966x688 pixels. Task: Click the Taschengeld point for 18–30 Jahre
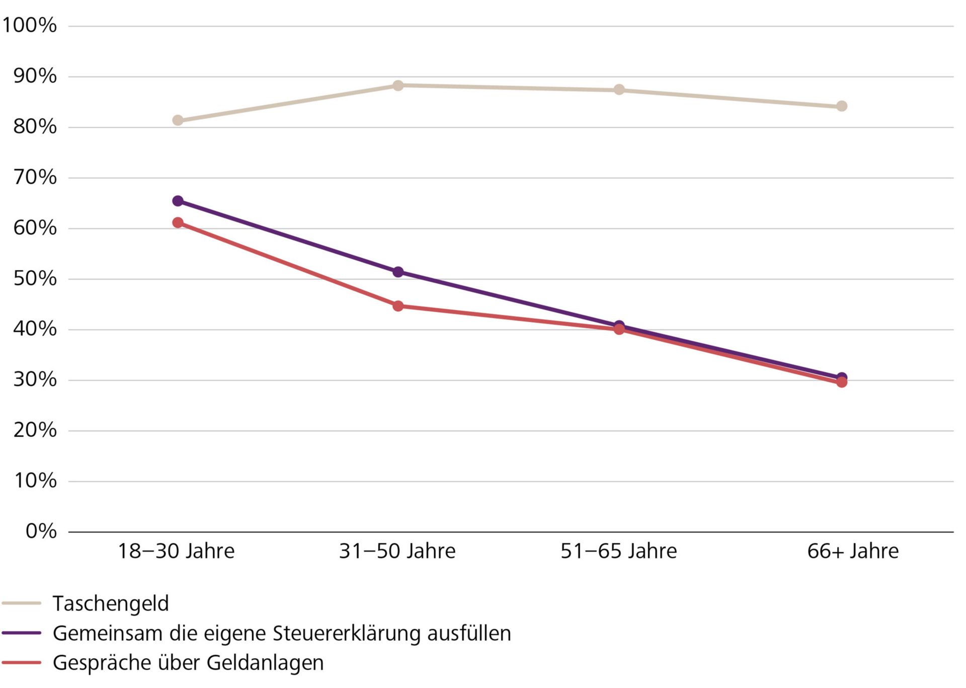pyautogui.click(x=178, y=120)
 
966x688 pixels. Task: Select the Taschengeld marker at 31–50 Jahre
pyautogui.click(x=398, y=86)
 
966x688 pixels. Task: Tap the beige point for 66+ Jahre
pyautogui.click(x=842, y=106)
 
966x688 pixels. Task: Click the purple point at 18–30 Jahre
pyautogui.click(x=178, y=201)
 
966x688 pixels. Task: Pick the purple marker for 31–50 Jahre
pyautogui.click(x=398, y=272)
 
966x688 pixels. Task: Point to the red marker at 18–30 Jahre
pyautogui.click(x=178, y=222)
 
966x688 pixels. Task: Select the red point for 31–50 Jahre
pyautogui.click(x=398, y=306)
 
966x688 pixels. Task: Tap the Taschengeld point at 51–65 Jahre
pyautogui.click(x=619, y=90)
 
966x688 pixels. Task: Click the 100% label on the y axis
pyautogui.click(x=30, y=25)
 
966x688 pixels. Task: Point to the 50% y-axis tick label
pyautogui.click(x=35, y=278)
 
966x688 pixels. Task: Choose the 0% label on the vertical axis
pyautogui.click(x=41, y=531)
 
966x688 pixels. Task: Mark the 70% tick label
pyautogui.click(x=35, y=177)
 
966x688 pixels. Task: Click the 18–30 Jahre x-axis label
pyautogui.click(x=176, y=551)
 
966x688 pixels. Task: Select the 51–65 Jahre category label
pyautogui.click(x=619, y=551)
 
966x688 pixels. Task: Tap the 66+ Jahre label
pyautogui.click(x=853, y=551)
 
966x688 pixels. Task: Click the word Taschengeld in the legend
pyautogui.click(x=111, y=603)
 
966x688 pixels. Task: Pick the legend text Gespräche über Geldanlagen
pyautogui.click(x=188, y=663)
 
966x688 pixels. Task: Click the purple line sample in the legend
pyautogui.click(x=21, y=633)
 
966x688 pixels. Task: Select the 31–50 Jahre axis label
pyautogui.click(x=397, y=551)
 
